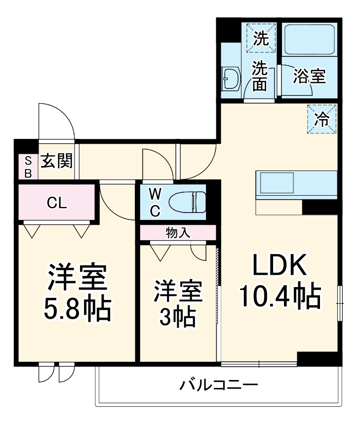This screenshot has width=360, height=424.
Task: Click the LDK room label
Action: (x=280, y=267)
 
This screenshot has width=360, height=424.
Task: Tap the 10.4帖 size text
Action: (x=280, y=297)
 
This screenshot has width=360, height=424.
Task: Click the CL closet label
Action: (x=56, y=202)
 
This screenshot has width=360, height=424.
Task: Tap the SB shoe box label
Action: (x=28, y=167)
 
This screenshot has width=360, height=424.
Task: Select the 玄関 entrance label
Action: (x=56, y=161)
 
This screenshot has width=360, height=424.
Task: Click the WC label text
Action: (x=155, y=202)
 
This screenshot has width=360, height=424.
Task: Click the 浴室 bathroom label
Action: (x=309, y=77)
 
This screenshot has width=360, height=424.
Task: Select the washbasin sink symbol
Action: (x=231, y=78)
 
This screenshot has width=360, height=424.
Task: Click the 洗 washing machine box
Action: (x=260, y=39)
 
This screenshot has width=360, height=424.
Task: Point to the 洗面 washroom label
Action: (x=260, y=77)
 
